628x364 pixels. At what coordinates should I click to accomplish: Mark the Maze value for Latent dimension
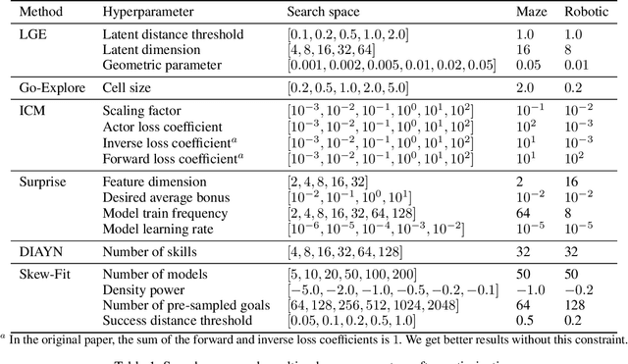click(x=525, y=50)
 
